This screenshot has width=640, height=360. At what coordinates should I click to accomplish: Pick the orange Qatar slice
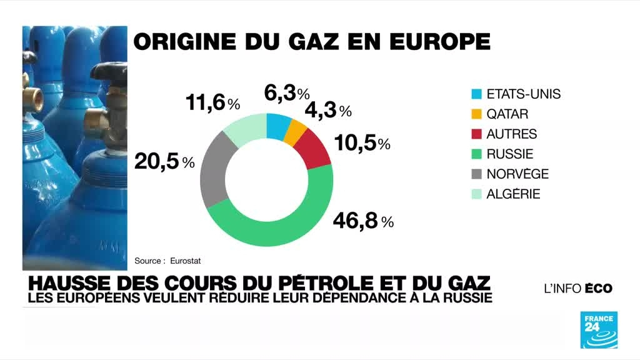296,132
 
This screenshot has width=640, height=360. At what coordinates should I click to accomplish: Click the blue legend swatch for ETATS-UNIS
477,95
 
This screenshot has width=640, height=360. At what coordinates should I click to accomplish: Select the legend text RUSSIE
509,154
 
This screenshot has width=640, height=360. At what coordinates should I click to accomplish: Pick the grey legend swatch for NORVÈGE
477,174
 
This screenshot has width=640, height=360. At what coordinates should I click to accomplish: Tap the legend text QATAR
507,114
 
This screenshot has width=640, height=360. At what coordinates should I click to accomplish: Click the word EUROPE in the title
438,41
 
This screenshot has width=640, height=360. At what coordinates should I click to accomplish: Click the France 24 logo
599,329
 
